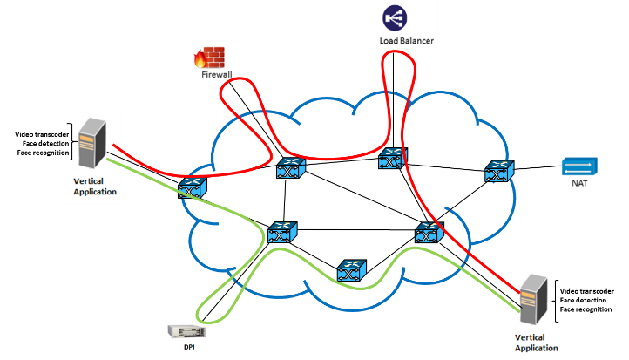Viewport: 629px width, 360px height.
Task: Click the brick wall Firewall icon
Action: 211,56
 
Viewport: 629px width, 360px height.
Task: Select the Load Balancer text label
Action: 406,40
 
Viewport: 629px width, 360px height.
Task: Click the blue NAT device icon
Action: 577,166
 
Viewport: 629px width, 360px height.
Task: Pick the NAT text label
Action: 577,184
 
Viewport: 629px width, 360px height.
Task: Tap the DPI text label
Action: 189,348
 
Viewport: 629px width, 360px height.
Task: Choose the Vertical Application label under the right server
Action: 537,342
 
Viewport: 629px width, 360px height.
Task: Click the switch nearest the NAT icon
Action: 497,172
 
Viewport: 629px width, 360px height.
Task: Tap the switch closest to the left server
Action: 192,187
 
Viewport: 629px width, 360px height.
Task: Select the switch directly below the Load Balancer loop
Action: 392,159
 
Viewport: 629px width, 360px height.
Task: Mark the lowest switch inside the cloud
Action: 348,271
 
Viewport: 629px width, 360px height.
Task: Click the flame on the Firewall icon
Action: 200,59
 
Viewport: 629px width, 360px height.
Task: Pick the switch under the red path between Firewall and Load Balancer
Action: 289,170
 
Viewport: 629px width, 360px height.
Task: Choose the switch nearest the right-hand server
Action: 428,233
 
